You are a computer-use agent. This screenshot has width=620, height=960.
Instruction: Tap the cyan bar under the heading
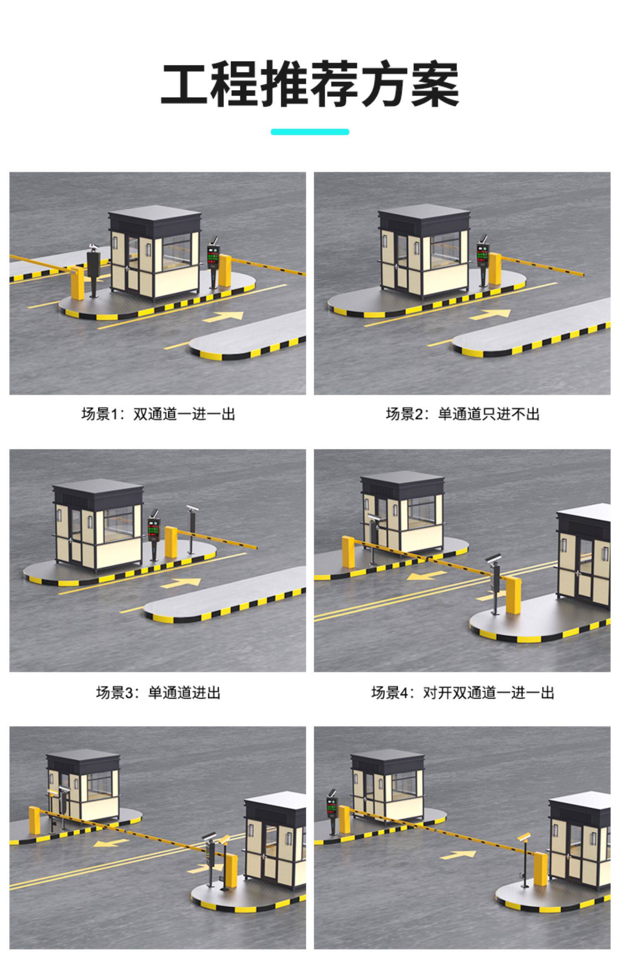tap(310, 132)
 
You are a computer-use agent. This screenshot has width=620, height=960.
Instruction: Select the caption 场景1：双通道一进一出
tap(158, 414)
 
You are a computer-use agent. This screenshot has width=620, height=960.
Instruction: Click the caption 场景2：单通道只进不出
tap(463, 414)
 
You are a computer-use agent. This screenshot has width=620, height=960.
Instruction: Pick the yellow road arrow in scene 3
tap(181, 583)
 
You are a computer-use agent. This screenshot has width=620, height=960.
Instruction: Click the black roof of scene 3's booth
tap(98, 492)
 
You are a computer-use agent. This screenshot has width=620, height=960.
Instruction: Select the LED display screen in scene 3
tap(154, 530)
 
